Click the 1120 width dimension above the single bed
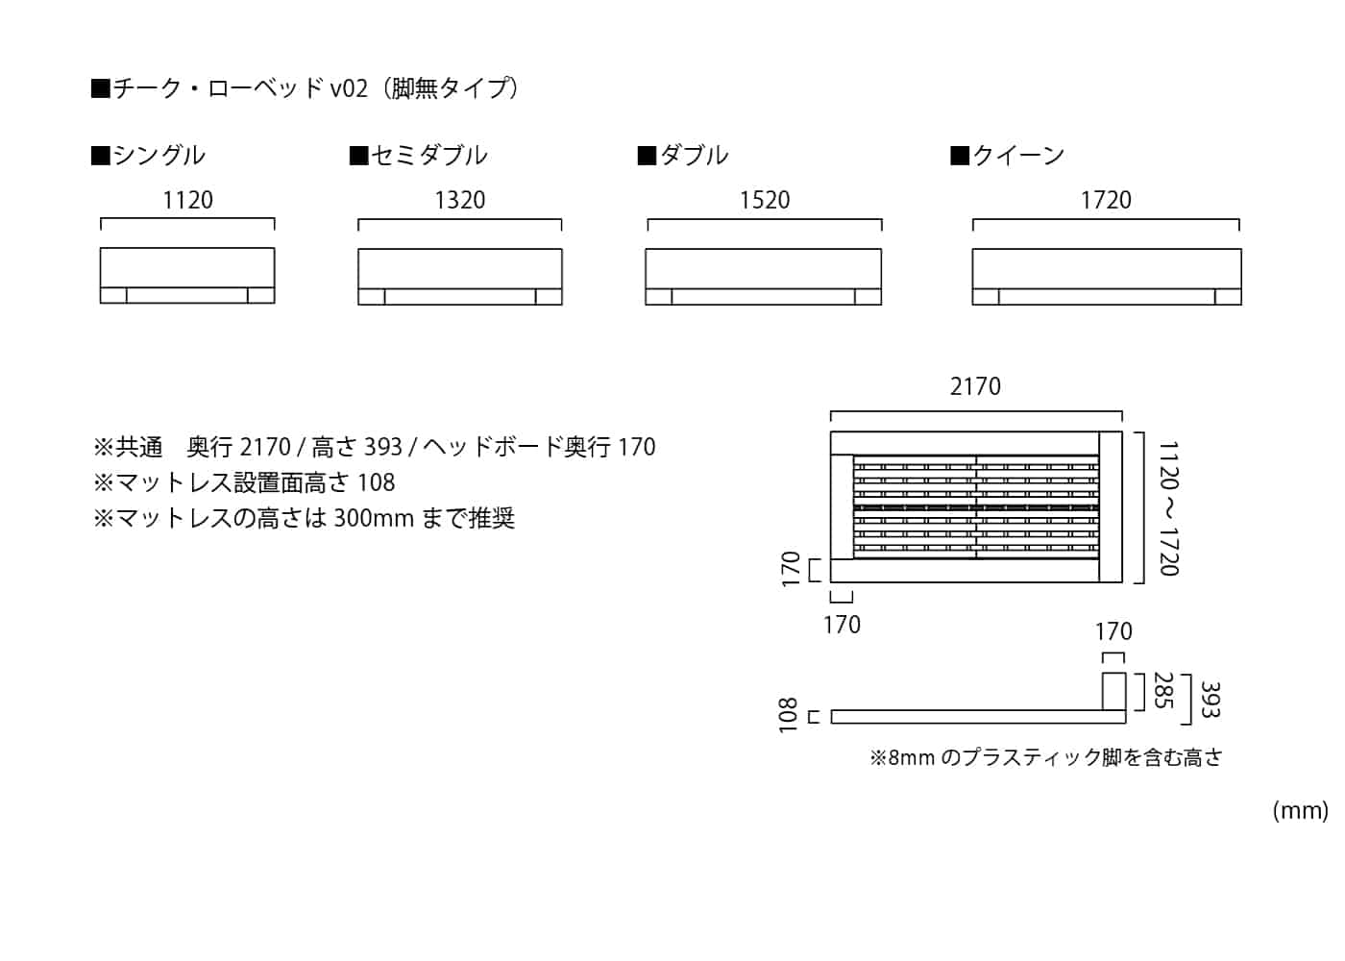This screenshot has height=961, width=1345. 187,200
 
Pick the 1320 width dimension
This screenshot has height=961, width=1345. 459,200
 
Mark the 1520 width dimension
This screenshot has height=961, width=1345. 765,200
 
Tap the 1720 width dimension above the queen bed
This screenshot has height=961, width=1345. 1106,200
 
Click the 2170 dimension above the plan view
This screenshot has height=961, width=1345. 975,386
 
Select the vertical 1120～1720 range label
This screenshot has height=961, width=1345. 1168,508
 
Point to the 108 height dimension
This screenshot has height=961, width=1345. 789,716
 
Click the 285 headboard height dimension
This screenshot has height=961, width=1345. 1163,690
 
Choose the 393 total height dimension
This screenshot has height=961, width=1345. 1210,700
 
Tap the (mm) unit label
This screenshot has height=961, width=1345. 1300,810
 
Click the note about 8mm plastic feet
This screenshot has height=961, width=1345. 1046,757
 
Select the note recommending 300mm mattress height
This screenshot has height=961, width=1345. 305,518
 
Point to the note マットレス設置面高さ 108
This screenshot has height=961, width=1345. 244,482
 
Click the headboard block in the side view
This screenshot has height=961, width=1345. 1113,691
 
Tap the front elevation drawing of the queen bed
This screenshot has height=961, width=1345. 1107,277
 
